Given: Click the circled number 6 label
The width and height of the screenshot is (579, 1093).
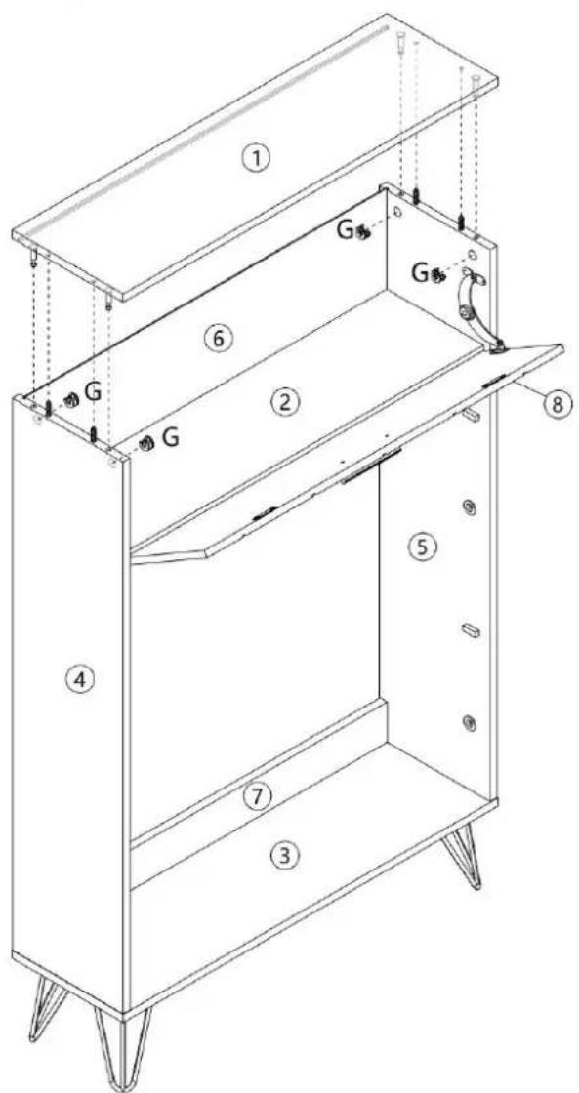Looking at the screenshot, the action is click(x=217, y=339).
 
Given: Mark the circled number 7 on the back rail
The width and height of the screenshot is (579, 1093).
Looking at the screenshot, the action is click(x=258, y=797).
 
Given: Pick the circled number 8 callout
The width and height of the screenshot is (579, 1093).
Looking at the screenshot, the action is click(x=557, y=403).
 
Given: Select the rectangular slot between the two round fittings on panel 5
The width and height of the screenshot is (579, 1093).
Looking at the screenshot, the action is click(x=471, y=630).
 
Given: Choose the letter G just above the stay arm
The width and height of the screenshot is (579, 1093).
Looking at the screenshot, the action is click(x=420, y=273).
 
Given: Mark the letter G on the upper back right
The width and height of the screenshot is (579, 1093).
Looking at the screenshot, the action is click(x=346, y=230).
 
